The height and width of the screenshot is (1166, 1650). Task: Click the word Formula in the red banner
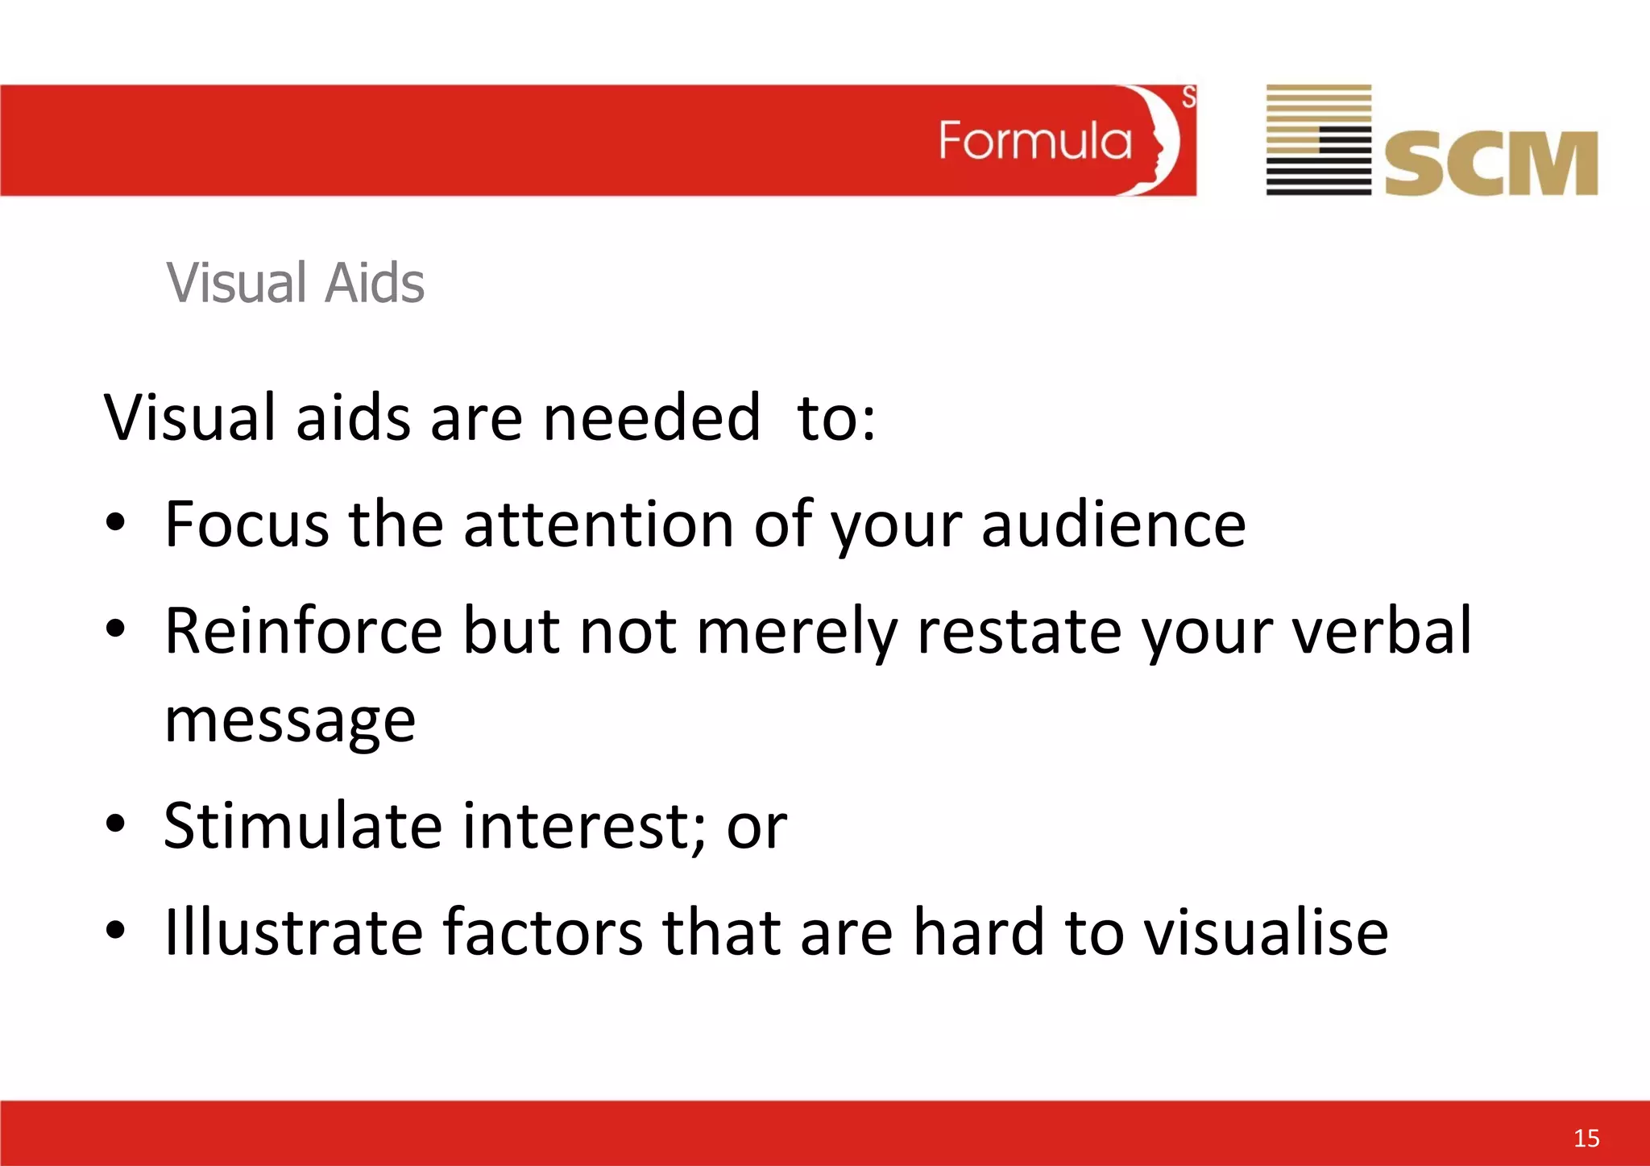click(x=1034, y=141)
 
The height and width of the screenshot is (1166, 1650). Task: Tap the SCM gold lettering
click(x=1490, y=164)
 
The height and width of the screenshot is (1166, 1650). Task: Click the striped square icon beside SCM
click(x=1318, y=139)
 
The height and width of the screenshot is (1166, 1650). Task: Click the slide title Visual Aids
click(x=295, y=283)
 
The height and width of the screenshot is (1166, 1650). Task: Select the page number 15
click(x=1586, y=1138)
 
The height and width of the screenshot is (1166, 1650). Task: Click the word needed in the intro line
click(x=651, y=418)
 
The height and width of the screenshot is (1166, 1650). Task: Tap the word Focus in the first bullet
click(x=247, y=525)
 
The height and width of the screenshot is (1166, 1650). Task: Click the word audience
click(x=1113, y=525)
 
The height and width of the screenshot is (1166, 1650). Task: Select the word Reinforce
click(x=303, y=631)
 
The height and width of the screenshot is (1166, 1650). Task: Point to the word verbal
click(x=1383, y=631)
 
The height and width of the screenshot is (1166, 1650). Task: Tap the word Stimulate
click(x=303, y=826)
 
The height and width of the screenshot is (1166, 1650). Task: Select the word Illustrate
click(x=293, y=932)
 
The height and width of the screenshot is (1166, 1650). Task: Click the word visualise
click(x=1266, y=932)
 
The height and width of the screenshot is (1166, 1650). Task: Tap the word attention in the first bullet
click(x=598, y=525)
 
